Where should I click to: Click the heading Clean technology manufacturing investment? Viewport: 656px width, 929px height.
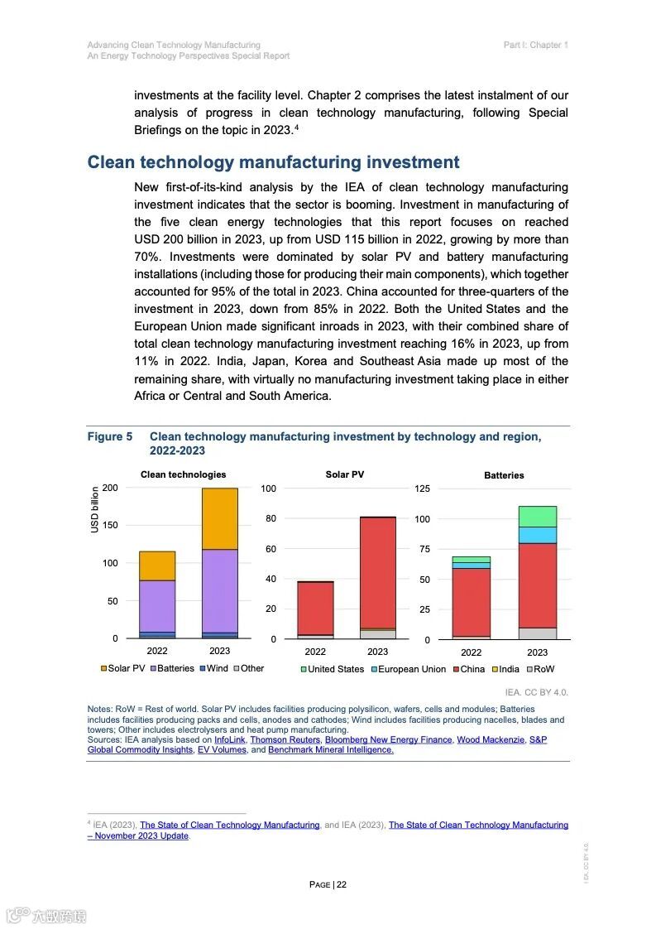pyautogui.click(x=273, y=162)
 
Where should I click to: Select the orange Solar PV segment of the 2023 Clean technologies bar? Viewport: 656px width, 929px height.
pyautogui.click(x=219, y=519)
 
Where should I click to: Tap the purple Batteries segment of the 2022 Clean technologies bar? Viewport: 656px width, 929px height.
pyautogui.click(x=157, y=605)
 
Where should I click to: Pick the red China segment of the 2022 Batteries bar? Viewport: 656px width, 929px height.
pyautogui.click(x=472, y=602)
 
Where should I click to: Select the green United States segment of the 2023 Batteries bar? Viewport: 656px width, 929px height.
pyautogui.click(x=538, y=516)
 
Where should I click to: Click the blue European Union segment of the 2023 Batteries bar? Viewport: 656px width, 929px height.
pyautogui.click(x=538, y=535)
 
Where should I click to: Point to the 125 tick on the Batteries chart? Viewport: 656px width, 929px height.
pyautogui.click(x=423, y=489)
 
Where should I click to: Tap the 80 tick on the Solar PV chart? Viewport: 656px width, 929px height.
pyautogui.click(x=268, y=519)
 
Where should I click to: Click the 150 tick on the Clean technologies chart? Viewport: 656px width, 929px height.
pyautogui.click(x=109, y=525)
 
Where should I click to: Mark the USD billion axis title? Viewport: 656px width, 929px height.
pyautogui.click(x=95, y=509)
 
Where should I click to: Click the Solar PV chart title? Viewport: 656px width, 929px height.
pyautogui.click(x=344, y=474)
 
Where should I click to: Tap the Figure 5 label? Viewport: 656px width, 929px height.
pyautogui.click(x=110, y=436)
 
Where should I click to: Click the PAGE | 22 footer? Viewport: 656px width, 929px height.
pyautogui.click(x=328, y=884)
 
